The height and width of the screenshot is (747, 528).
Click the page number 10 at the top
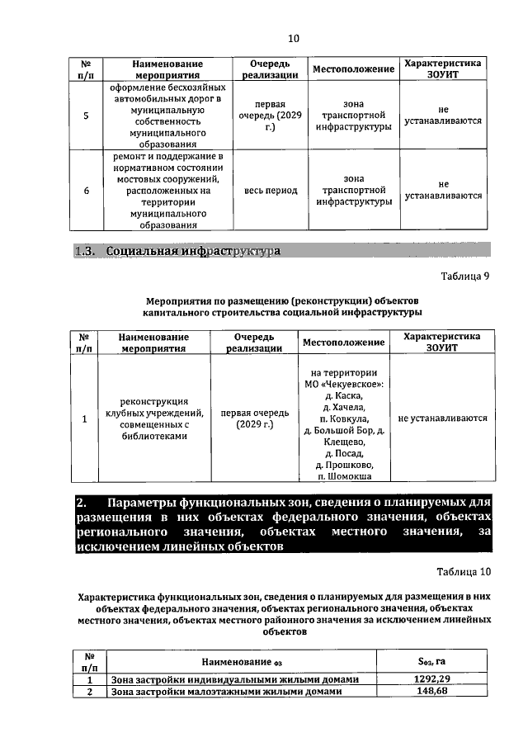(x=293, y=38)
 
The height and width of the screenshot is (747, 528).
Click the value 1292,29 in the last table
(x=431, y=678)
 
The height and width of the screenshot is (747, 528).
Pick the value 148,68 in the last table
(x=431, y=692)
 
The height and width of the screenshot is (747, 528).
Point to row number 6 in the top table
(x=86, y=191)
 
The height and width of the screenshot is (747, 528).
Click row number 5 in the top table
(x=86, y=115)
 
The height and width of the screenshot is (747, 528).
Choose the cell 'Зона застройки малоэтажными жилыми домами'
(x=225, y=692)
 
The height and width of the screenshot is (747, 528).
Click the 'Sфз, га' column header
(x=431, y=661)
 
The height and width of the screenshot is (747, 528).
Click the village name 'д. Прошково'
(x=343, y=465)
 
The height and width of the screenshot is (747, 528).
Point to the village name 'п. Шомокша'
(x=343, y=476)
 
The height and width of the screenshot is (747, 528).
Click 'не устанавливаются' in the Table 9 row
(x=442, y=418)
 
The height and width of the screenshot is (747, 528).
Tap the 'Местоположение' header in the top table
(x=353, y=69)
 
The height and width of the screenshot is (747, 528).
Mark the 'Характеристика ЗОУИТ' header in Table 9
(x=442, y=343)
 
